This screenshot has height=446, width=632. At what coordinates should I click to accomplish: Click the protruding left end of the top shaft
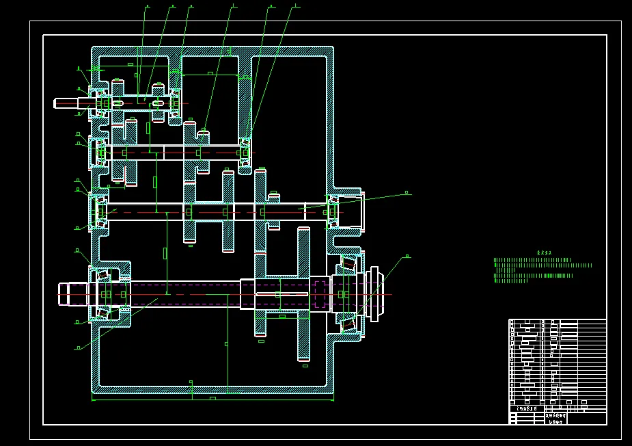[x=66, y=103]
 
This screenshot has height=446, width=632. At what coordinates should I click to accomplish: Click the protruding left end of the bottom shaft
[x=68, y=294]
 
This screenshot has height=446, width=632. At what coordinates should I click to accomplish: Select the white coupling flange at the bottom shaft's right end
[x=373, y=294]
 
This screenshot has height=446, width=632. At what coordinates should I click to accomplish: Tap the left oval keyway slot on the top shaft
[x=118, y=103]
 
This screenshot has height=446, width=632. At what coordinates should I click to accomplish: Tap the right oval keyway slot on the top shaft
[x=158, y=103]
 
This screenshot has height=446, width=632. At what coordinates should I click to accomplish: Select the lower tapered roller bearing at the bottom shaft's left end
[x=102, y=313]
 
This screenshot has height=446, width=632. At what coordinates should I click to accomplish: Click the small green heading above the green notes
[x=544, y=252]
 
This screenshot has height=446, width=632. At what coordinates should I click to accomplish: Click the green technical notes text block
[x=540, y=270]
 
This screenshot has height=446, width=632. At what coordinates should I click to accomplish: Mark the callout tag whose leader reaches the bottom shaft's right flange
[x=407, y=257]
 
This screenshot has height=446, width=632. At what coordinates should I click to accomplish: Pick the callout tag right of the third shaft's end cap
[x=407, y=193]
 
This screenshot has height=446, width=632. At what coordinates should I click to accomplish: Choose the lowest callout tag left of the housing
[x=78, y=347]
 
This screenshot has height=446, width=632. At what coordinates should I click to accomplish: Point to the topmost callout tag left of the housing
[x=79, y=68]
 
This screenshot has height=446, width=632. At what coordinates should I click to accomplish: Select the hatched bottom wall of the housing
[x=212, y=389]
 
